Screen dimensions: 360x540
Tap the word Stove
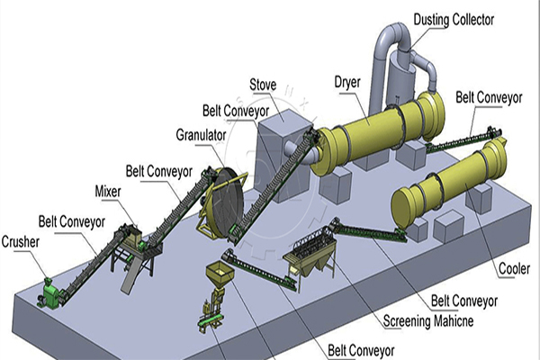pyautogui.click(x=264, y=85)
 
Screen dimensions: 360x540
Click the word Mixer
pyautogui.click(x=109, y=192)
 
